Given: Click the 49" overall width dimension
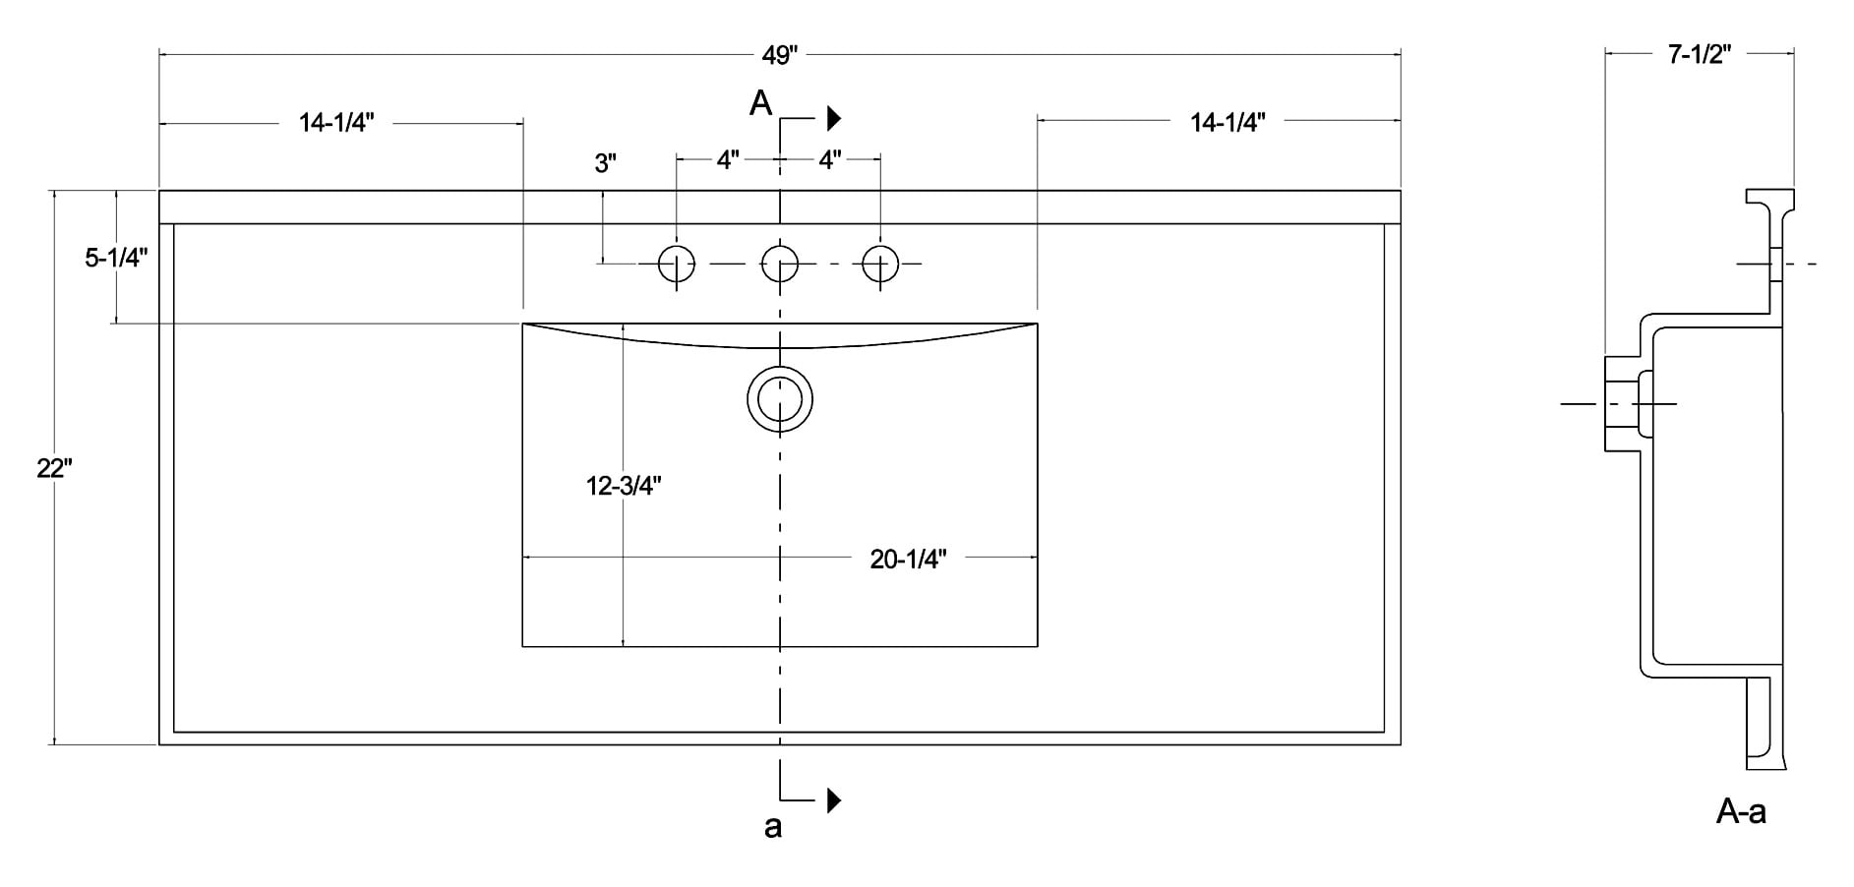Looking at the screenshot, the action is point(778,55).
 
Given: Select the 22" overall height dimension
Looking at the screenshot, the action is point(54,468).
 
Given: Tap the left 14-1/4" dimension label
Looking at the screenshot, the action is point(336,122).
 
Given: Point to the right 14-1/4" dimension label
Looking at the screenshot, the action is point(1227,122).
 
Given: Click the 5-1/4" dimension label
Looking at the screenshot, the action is point(116,258).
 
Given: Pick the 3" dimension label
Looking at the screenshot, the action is point(605,163).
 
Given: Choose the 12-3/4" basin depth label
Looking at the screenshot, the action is point(624,485).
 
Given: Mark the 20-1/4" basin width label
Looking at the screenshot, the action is point(908,559).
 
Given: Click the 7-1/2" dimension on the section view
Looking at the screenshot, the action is point(1700,54).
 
